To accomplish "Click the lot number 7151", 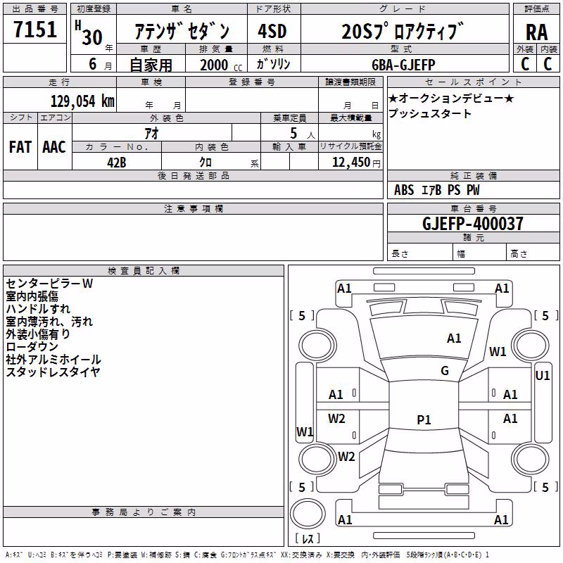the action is pyautogui.click(x=35, y=30).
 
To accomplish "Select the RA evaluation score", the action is pyautogui.click(x=536, y=32).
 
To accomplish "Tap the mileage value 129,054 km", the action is pyautogui.click(x=82, y=101).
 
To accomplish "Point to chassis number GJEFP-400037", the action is pyautogui.click(x=473, y=223).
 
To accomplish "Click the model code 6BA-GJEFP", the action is pyautogui.click(x=403, y=65).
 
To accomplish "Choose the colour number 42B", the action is pyautogui.click(x=117, y=163).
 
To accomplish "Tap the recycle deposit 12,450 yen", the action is pyautogui.click(x=356, y=163).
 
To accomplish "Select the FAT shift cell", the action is pyautogui.click(x=20, y=147).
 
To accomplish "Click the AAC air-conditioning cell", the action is pyautogui.click(x=54, y=147).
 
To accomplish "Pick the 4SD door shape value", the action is pyautogui.click(x=272, y=31).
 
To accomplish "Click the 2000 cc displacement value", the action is pyautogui.click(x=221, y=65).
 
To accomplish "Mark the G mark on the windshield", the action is pyautogui.click(x=445, y=371).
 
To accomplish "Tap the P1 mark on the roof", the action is pyautogui.click(x=424, y=419).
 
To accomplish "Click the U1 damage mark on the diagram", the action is pyautogui.click(x=542, y=376).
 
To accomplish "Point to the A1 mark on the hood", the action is pyautogui.click(x=454, y=338).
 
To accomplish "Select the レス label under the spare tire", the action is pyautogui.click(x=308, y=538).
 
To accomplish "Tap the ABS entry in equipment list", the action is pyautogui.click(x=404, y=190).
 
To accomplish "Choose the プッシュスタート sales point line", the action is pyautogui.click(x=429, y=113).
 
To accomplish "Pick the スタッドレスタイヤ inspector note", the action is pyautogui.click(x=53, y=372).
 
